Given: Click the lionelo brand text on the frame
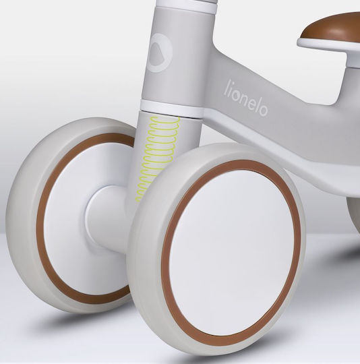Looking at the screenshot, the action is click(247, 98).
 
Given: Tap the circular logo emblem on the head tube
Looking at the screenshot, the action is click(160, 53).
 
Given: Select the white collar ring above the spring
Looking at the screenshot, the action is click(172, 108).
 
